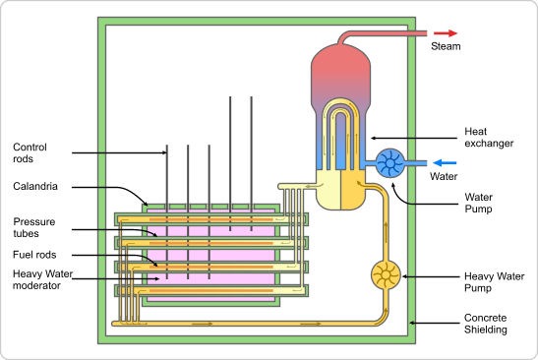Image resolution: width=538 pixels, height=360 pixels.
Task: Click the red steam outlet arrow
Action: pos(446,33)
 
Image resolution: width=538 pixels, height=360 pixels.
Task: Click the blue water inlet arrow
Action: pos(445,162)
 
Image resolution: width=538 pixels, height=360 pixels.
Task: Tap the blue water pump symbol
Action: pos(390,163)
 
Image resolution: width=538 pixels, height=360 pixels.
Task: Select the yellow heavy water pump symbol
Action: pos(386,274)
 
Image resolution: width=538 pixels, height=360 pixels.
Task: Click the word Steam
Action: pos(446,46)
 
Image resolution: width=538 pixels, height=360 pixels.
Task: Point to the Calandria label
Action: pos(35,186)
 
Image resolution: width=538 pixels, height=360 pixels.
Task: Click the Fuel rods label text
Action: pos(34,255)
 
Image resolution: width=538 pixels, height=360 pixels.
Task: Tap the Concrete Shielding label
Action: pos(486,324)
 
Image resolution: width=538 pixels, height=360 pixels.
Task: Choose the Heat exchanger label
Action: pos(489,138)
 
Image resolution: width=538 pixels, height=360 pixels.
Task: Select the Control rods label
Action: pos(30,152)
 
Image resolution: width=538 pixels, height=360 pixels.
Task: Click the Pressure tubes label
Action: pos(34,227)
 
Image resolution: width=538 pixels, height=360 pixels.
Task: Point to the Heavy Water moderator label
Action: pos(42,279)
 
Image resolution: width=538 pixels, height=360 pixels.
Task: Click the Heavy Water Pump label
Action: pos(494,282)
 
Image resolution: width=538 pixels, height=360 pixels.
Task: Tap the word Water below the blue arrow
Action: pos(444,176)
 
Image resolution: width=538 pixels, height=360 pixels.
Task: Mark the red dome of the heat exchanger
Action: pos(340,69)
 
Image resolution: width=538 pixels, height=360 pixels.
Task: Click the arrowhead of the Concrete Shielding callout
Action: pos(413,323)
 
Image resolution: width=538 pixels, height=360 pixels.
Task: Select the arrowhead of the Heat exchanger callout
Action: pos(374,139)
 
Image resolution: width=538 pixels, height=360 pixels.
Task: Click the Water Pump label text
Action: pos(479,203)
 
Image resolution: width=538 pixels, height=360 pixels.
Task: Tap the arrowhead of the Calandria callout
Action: pos(146,204)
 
